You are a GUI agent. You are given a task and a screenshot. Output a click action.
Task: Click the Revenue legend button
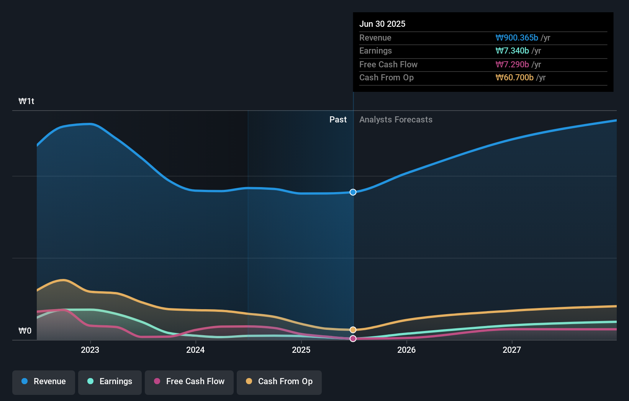[44, 382]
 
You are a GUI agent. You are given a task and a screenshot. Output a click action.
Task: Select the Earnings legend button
[110, 382]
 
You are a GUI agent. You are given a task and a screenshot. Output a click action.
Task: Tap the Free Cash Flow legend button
[189, 382]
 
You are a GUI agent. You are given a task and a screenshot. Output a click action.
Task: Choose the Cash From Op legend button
[279, 382]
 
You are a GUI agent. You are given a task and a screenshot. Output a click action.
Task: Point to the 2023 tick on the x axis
[90, 350]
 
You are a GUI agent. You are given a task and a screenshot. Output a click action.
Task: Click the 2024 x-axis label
[195, 350]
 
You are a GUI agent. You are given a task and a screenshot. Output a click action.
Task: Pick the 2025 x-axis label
[301, 350]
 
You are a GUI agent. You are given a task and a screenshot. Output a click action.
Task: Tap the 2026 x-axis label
[406, 350]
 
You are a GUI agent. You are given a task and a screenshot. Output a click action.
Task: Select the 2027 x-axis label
[512, 350]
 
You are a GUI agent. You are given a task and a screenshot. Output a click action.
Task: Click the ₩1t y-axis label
[26, 101]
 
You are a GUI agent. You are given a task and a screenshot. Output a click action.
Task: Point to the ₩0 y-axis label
[25, 331]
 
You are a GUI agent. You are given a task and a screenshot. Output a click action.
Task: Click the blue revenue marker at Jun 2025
[353, 192]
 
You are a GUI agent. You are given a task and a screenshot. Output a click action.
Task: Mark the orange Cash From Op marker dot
[353, 330]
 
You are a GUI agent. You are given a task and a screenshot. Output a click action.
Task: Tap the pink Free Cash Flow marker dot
[353, 339]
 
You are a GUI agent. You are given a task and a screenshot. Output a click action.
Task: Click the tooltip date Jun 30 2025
[382, 24]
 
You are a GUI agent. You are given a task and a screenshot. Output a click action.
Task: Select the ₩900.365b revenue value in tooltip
[517, 38]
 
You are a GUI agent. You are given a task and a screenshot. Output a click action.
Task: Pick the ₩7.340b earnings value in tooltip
[512, 51]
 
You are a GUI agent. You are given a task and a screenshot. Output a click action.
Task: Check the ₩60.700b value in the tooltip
[514, 78]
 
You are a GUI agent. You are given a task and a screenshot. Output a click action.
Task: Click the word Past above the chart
[338, 120]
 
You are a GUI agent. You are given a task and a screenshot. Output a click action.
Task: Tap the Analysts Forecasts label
[396, 120]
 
